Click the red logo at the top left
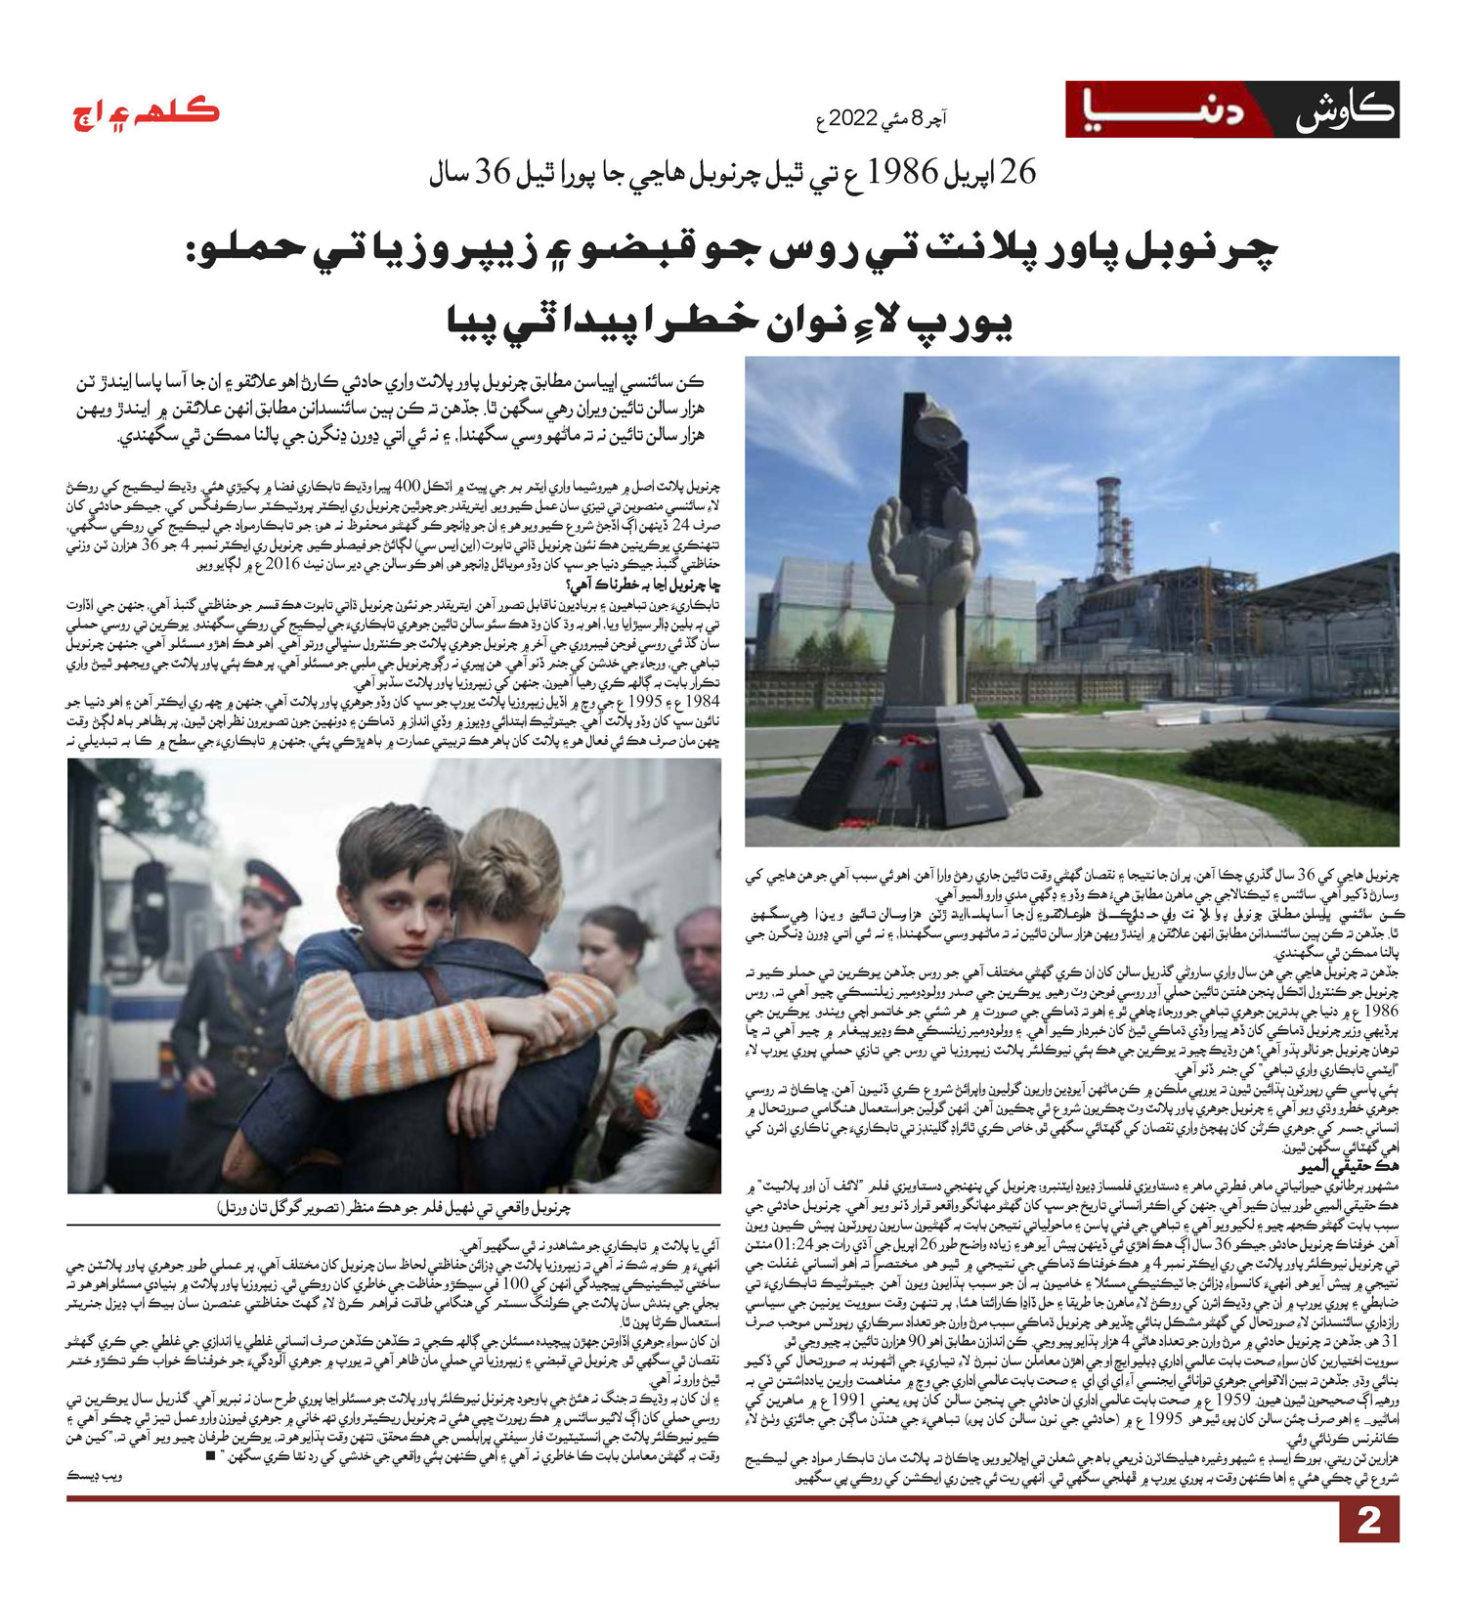147,114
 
